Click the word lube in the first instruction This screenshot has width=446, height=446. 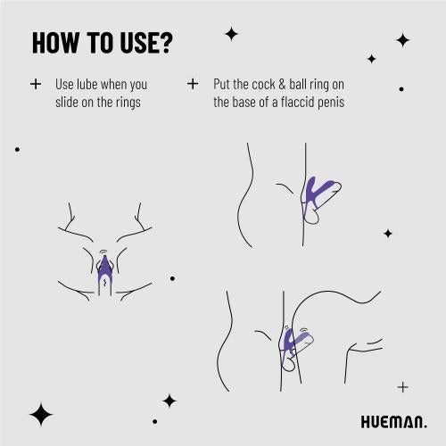click(87, 85)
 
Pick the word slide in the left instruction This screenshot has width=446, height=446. click(69, 102)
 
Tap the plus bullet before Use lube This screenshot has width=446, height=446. click(36, 84)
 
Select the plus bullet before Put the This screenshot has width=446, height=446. click(193, 84)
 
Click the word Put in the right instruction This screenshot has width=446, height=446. click(222, 85)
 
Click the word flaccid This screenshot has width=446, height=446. click(301, 102)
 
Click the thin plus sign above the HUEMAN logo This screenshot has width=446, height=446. click(402, 387)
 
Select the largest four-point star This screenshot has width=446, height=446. click(40, 413)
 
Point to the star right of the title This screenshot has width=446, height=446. click(231, 34)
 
